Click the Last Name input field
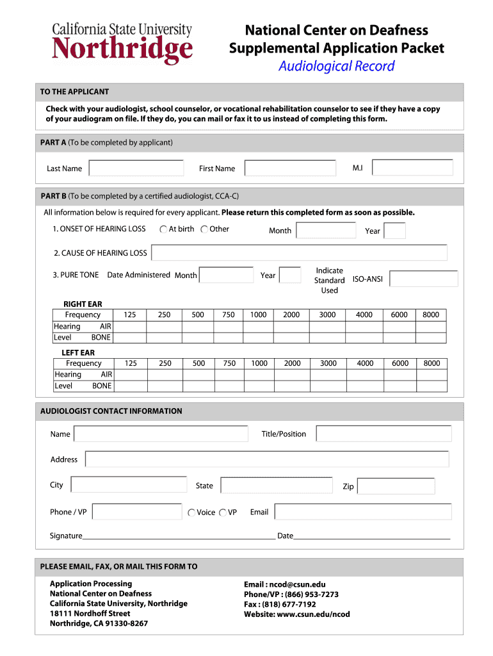pyautogui.click(x=136, y=168)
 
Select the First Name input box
pyautogui.click(x=290, y=168)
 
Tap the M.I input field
pyautogui.click(x=412, y=168)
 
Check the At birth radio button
pyautogui.click(x=164, y=229)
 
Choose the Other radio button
pyautogui.click(x=204, y=229)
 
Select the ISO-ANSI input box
pyautogui.click(x=423, y=279)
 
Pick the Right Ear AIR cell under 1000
pyautogui.click(x=258, y=326)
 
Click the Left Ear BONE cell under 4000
pyautogui.click(x=365, y=386)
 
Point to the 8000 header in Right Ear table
pyautogui.click(x=431, y=315)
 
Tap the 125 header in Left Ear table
pyautogui.click(x=131, y=363)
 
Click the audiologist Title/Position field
pyautogui.click(x=384, y=434)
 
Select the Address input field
pyautogui.click(x=267, y=459)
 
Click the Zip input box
pyautogui.click(x=396, y=486)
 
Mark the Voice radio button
pyautogui.click(x=191, y=512)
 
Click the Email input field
pyautogui.click(x=362, y=512)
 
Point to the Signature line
pyautogui.click(x=179, y=537)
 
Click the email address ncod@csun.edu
pyautogui.click(x=285, y=584)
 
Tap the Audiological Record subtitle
pyautogui.click(x=336, y=66)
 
